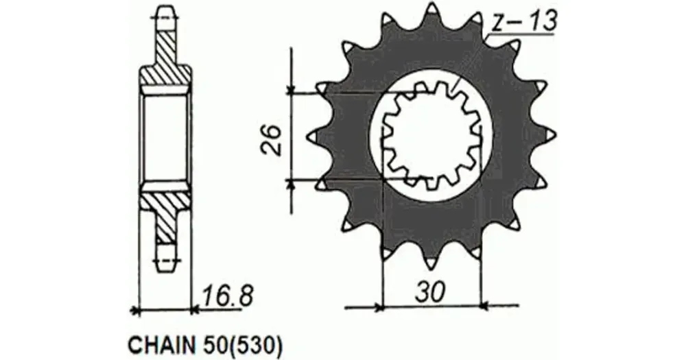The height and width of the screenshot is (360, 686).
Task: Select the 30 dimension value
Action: [431, 291]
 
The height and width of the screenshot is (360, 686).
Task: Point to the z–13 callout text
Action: [523, 22]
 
